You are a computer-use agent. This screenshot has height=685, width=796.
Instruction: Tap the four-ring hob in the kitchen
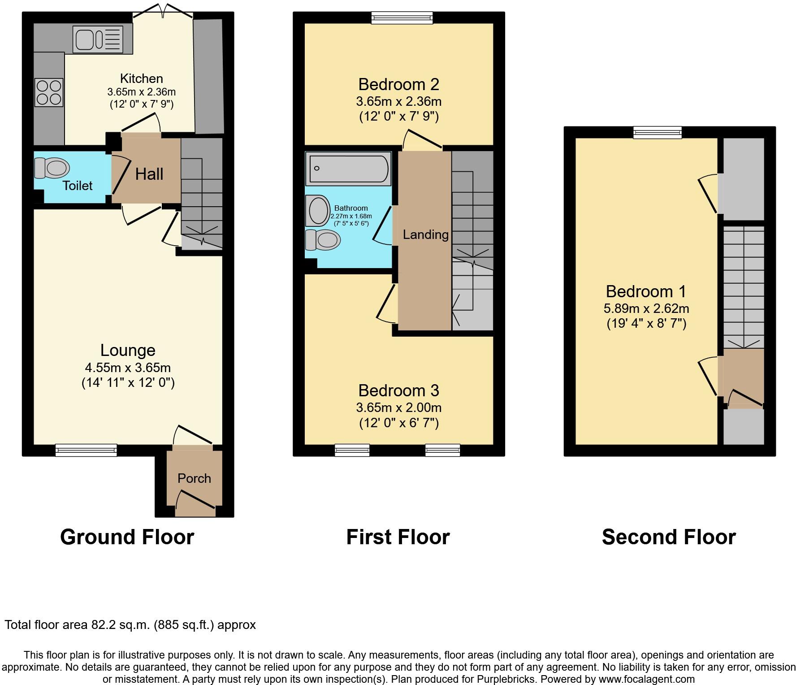tap(49, 92)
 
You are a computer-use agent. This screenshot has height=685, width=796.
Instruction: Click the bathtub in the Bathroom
tap(348, 169)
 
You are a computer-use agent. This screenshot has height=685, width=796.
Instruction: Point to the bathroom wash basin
tap(318, 210)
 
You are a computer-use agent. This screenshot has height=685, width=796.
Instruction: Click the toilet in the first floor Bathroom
tap(321, 240)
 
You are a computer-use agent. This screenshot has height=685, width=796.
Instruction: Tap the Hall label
tap(149, 174)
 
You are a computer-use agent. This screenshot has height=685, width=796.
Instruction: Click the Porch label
tap(194, 478)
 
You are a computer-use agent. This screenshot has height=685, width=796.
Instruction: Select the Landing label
tap(425, 234)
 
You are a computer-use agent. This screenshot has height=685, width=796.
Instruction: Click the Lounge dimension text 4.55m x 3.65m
tap(128, 368)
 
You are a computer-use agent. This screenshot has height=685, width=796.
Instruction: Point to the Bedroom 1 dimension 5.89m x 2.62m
tap(646, 308)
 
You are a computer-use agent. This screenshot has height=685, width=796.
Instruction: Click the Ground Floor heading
tap(127, 537)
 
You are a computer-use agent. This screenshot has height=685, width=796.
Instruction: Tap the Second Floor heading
tap(668, 537)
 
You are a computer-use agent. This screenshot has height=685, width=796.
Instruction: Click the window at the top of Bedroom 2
tap(402, 18)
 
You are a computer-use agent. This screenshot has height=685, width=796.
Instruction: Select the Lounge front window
tap(86, 450)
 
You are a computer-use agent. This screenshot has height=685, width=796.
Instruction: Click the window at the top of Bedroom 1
tap(657, 132)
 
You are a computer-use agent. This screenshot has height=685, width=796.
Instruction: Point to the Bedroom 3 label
tap(398, 390)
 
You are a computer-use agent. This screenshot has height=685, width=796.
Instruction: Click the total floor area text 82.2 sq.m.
tap(130, 624)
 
